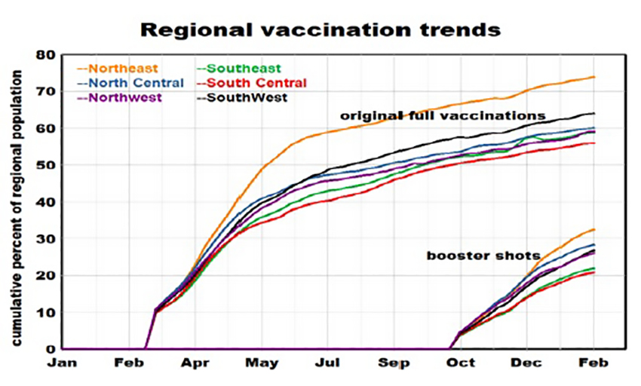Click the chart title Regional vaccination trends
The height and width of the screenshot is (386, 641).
[320, 29]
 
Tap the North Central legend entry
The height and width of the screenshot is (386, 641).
[130, 83]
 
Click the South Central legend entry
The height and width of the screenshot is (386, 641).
[256, 83]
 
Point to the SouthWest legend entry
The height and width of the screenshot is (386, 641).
[247, 97]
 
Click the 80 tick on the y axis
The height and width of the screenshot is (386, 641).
[47, 55]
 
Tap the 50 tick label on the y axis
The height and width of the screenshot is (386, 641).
[47, 165]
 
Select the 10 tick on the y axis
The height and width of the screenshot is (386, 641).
[47, 312]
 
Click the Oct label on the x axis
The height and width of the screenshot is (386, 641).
[461, 363]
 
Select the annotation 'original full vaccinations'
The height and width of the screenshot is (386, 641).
[442, 116]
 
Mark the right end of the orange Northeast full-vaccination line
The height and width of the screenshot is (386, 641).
[595, 77]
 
